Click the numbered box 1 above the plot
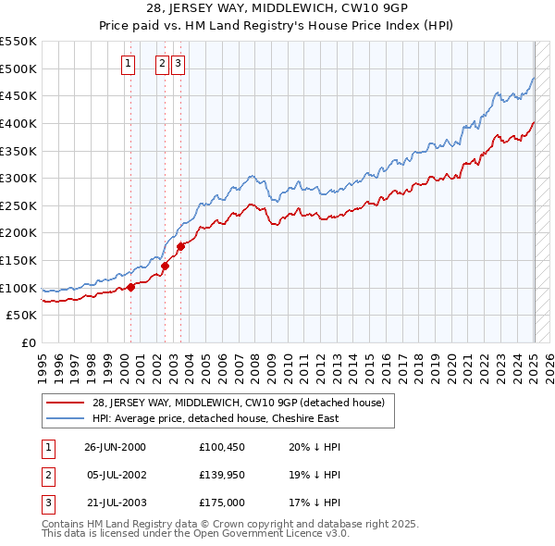click(x=127, y=64)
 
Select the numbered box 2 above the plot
click(x=162, y=64)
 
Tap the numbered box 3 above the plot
click(x=178, y=64)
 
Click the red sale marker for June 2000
click(x=130, y=287)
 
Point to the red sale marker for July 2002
click(x=165, y=266)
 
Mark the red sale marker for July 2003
click(x=181, y=246)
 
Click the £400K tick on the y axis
click(x=18, y=123)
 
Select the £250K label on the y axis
click(x=18, y=205)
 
